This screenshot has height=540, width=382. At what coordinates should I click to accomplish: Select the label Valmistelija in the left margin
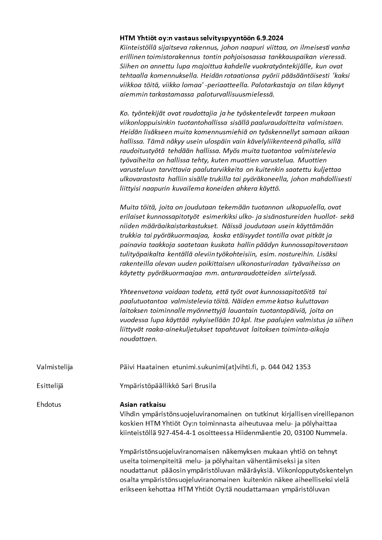pos(54,367)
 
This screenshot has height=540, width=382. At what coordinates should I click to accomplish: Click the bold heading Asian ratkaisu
pos(142,404)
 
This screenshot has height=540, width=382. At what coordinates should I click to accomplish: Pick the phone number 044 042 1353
pos(290,367)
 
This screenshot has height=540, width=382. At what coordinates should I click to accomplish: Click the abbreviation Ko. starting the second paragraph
pos(125,113)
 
